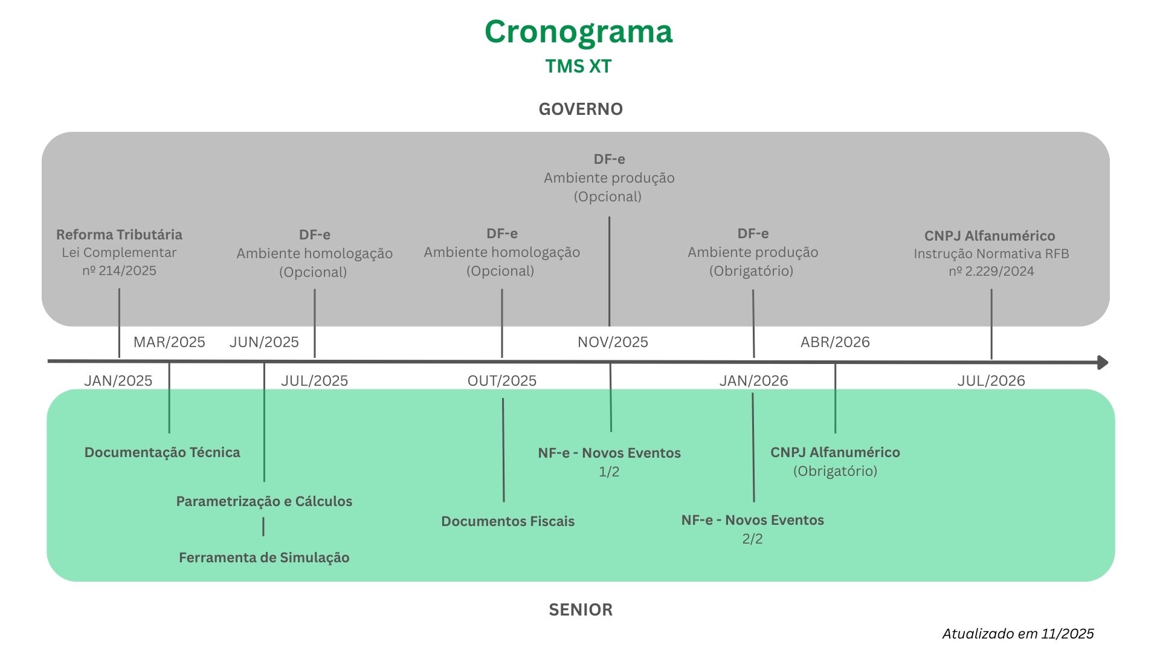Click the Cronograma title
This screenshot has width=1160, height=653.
[578, 32]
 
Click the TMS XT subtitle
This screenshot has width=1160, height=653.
[578, 66]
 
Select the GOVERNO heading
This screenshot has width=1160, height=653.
[581, 109]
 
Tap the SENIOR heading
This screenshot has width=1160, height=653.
[581, 609]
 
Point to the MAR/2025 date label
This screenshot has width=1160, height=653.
[169, 342]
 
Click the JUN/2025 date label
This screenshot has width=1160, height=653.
[264, 342]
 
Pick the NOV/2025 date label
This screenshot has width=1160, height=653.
[613, 342]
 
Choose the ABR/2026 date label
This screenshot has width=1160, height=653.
[835, 342]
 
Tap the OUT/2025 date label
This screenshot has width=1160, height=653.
[502, 381]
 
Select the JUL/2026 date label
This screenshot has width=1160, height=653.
[991, 381]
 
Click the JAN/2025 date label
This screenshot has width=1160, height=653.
[118, 381]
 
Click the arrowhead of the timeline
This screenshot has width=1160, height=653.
[1103, 362]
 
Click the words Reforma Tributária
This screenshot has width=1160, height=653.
[119, 235]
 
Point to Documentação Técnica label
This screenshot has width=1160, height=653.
[162, 452]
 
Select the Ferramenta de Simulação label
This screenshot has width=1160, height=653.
[264, 557]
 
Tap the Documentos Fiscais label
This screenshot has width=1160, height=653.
[507, 521]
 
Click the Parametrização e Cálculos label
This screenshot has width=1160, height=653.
[264, 501]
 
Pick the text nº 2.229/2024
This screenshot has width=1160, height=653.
[991, 271]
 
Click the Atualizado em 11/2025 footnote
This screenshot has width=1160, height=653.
[1018, 634]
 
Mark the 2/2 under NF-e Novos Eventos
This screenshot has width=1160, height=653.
[752, 539]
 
